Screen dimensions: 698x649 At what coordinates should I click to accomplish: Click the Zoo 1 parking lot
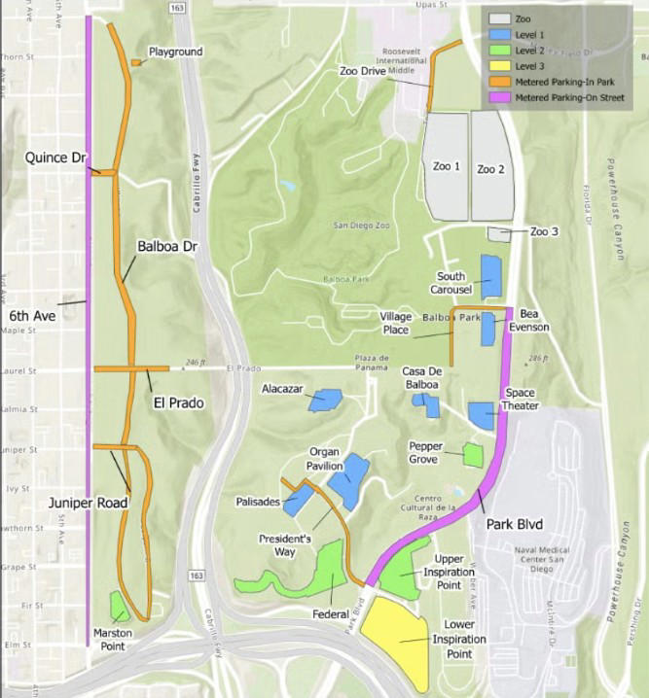pos(445,165)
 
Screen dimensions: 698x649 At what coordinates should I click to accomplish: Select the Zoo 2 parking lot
pos(491,166)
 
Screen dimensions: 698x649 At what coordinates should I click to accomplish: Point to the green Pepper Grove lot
pos(473,454)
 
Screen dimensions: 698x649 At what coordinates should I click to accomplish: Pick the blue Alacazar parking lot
pos(325,400)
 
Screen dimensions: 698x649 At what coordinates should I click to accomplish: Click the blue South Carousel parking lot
pos(490,276)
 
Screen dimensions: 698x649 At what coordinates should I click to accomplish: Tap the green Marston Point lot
pos(119,607)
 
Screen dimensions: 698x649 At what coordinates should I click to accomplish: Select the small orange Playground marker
pos(135,63)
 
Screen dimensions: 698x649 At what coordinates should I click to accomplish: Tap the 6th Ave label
pos(31,316)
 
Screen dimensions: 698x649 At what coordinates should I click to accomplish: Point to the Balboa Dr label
pos(167,247)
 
